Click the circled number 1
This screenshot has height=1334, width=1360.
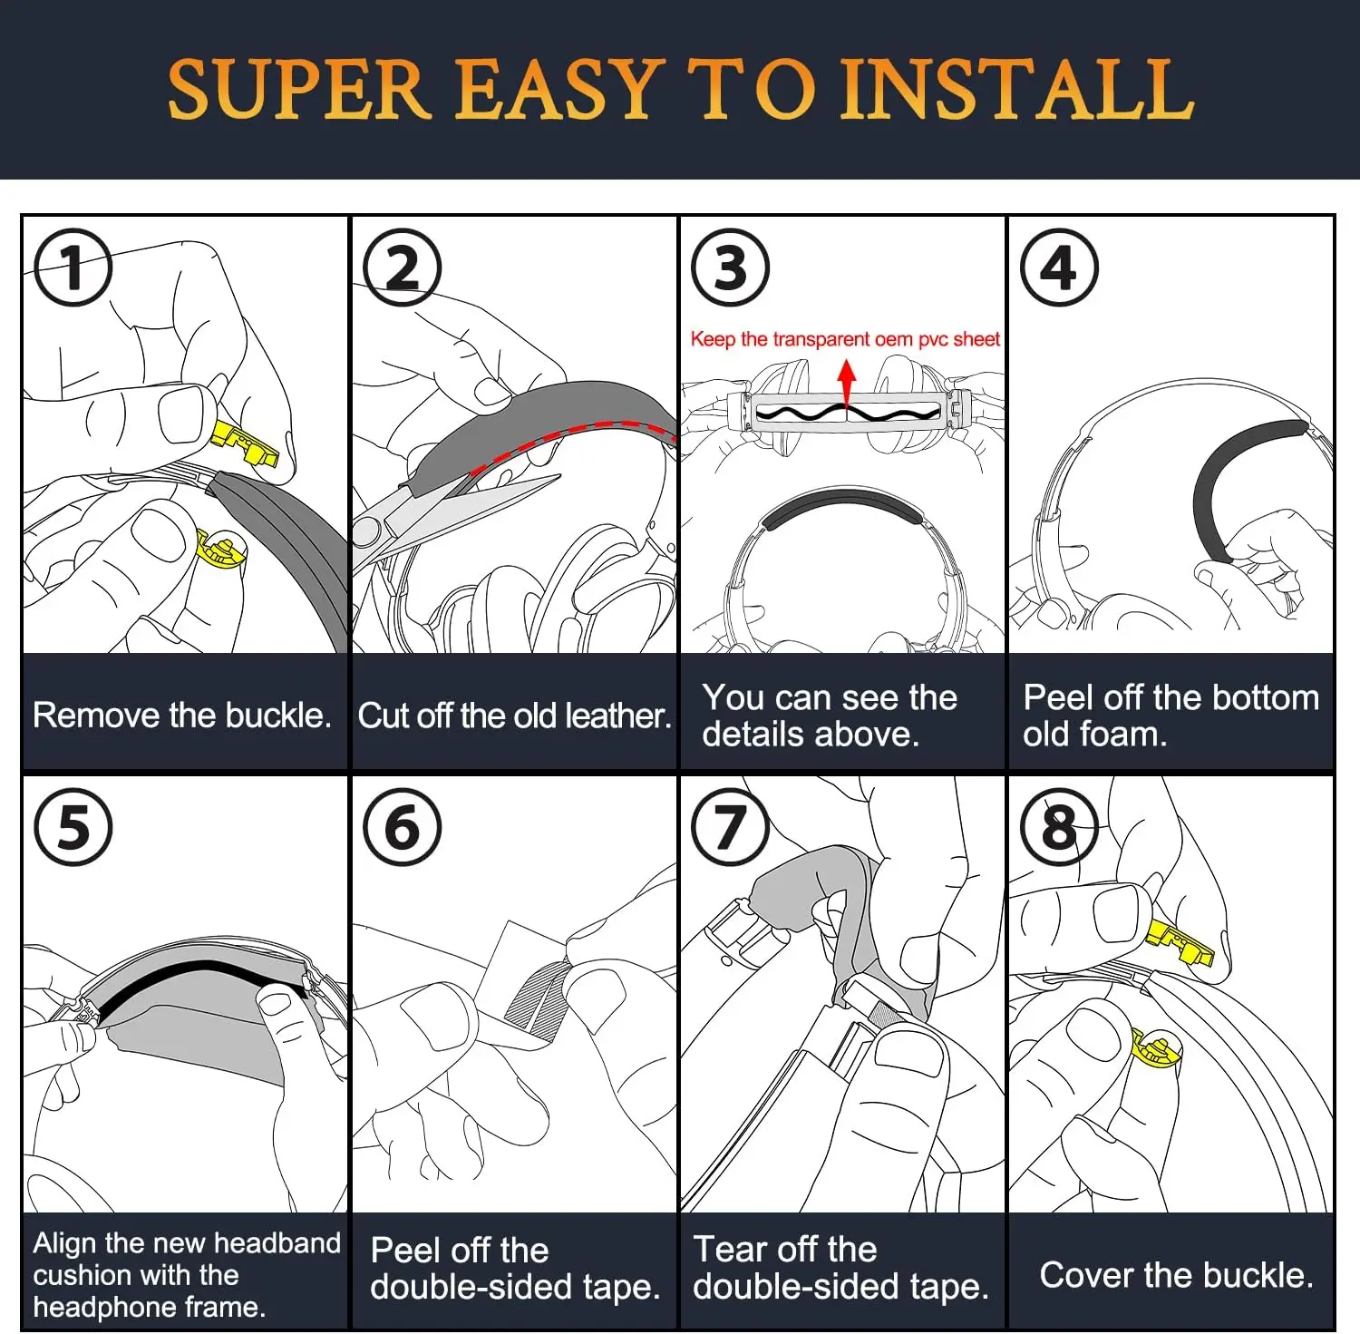[73, 268]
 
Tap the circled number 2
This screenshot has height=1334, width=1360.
[402, 268]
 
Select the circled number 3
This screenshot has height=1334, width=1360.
[730, 268]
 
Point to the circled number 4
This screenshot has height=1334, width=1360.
[1059, 268]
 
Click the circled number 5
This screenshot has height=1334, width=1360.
[73, 827]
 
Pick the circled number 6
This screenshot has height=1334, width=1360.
[402, 827]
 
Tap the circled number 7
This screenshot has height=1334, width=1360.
[730, 827]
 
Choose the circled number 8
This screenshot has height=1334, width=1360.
[1059, 827]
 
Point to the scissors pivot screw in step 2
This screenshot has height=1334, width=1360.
[366, 531]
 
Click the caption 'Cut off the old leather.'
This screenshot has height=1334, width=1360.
[514, 716]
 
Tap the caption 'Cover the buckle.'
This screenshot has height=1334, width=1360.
[1176, 1275]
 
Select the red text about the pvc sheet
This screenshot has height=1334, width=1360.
[845, 339]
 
